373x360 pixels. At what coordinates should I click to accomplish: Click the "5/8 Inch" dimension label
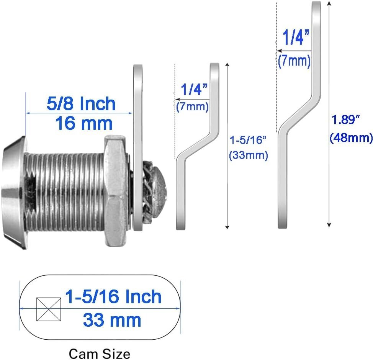pyautogui.click(x=81, y=103)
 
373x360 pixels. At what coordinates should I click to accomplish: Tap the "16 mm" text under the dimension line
pyautogui.click(x=84, y=123)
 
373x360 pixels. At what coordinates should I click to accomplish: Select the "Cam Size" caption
pyautogui.click(x=100, y=354)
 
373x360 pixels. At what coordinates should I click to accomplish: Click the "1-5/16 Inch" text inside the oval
pyautogui.click(x=113, y=296)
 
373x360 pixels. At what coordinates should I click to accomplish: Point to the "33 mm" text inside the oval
pyautogui.click(x=112, y=320)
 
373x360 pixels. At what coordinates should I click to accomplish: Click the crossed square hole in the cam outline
pyautogui.click(x=49, y=309)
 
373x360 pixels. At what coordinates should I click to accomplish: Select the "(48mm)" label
pyautogui.click(x=351, y=137)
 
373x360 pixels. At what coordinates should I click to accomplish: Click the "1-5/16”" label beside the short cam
pyautogui.click(x=248, y=140)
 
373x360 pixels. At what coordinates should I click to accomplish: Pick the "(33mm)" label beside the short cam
pyautogui.click(x=249, y=155)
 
